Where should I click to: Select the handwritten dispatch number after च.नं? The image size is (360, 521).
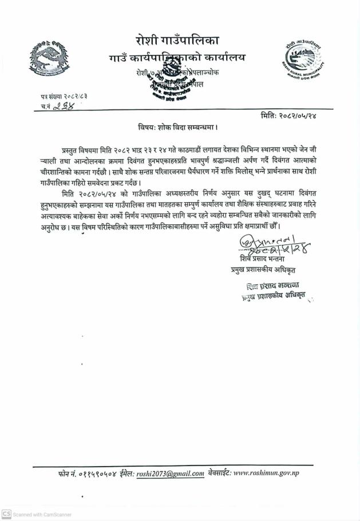tap(65, 106)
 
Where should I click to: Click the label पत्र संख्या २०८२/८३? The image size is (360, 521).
tap(64, 96)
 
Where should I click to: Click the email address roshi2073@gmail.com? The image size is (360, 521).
tap(170, 473)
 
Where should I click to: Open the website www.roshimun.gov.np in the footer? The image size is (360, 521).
tap(266, 473)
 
